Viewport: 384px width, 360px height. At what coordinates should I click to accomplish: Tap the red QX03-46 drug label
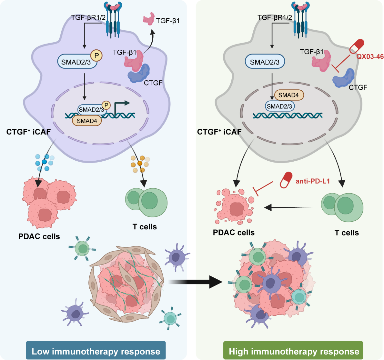pyautogui.click(x=370, y=56)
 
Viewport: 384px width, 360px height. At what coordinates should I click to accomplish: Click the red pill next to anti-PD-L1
pyautogui.click(x=286, y=180)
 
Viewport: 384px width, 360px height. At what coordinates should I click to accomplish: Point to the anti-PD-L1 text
pyautogui.click(x=313, y=181)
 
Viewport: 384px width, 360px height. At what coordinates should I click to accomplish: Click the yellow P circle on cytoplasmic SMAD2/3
pyautogui.click(x=96, y=55)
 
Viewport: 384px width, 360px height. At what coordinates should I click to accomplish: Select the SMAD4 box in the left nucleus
pyautogui.click(x=87, y=121)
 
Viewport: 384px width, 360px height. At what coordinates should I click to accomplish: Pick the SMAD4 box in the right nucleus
pyautogui.click(x=289, y=95)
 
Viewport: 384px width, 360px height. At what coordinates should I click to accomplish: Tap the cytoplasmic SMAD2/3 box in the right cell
pyautogui.click(x=265, y=62)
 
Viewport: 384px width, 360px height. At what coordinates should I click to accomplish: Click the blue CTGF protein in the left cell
pyautogui.click(x=139, y=73)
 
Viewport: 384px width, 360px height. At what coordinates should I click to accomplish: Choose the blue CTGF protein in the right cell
pyautogui.click(x=343, y=78)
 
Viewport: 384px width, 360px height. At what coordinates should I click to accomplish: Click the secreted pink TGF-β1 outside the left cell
pyautogui.click(x=149, y=19)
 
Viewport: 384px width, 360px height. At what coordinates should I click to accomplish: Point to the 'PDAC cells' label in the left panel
pyautogui.click(x=39, y=236)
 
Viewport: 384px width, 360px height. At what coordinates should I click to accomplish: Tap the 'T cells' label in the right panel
pyautogui.click(x=347, y=233)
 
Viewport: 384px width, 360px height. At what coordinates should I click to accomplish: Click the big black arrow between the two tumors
pyautogui.click(x=196, y=282)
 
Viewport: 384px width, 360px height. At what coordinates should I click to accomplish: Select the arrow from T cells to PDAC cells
pyautogui.click(x=288, y=208)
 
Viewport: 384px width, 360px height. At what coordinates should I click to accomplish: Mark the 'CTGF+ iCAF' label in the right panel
pyautogui.click(x=219, y=132)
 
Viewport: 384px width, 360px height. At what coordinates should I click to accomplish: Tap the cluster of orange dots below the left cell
pyautogui.click(x=140, y=164)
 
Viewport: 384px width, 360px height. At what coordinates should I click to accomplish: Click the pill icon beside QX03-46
pyautogui.click(x=356, y=46)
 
